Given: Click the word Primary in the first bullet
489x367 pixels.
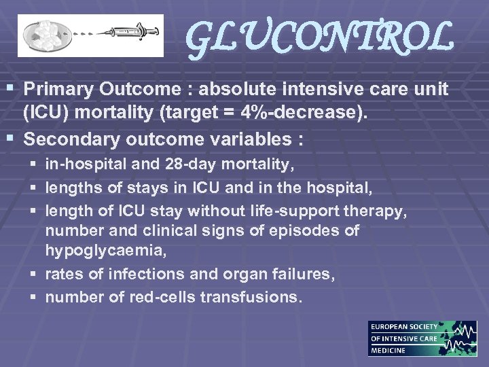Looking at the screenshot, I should click(x=58, y=89).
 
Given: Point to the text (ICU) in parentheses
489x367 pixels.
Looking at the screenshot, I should click(x=47, y=113).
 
